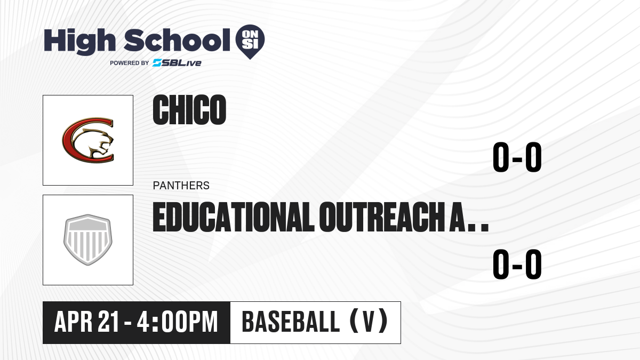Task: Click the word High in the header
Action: (x=79, y=42)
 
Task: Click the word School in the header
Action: (x=177, y=40)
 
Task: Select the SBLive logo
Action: (x=177, y=63)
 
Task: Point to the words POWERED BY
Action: (x=130, y=63)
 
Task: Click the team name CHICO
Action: (x=189, y=110)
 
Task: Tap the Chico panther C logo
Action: (x=88, y=140)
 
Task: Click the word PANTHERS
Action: (x=181, y=186)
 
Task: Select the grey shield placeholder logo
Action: (x=88, y=239)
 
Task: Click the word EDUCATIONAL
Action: (x=234, y=217)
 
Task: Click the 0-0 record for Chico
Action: (x=517, y=157)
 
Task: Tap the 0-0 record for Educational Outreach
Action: (x=517, y=264)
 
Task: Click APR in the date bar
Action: (x=74, y=322)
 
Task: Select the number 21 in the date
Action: (x=108, y=322)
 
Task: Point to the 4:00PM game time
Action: (x=177, y=322)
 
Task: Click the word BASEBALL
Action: (x=291, y=322)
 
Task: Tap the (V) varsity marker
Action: (x=369, y=322)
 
